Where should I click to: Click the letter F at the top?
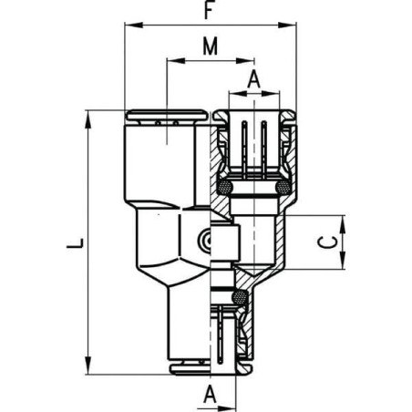coord(210,13)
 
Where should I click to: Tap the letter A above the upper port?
coord(254,80)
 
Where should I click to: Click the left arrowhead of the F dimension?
coord(129,27)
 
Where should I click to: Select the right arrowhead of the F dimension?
coord(292,27)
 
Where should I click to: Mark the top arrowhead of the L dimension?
coord(88,116)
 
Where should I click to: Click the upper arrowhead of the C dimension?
coord(344,221)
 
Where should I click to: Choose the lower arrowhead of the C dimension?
coord(344,265)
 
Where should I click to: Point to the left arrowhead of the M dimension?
coord(171,62)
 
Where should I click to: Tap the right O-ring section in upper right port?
coord(283,188)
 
